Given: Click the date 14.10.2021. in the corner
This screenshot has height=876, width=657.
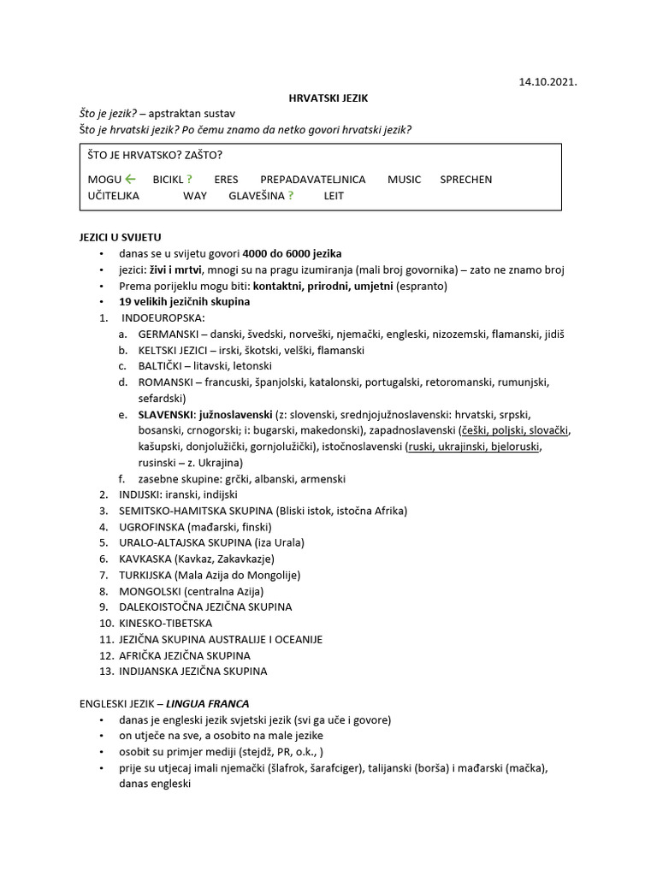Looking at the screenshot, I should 547,83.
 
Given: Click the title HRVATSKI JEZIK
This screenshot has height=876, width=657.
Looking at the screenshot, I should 328,98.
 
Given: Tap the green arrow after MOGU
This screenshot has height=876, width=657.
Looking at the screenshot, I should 130,179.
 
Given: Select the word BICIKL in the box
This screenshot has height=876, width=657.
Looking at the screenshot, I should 169,180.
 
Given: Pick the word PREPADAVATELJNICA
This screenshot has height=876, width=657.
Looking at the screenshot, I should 312,180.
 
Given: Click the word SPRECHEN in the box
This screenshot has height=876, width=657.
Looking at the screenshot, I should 465,180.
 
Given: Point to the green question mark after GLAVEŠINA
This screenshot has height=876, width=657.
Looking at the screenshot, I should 291,195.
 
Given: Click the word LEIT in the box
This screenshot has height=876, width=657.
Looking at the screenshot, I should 334,195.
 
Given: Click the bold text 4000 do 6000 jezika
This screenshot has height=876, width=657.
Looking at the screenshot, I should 292,253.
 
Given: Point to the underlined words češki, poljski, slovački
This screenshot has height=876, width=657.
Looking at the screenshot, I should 515,430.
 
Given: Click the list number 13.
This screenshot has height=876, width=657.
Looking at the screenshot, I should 106,672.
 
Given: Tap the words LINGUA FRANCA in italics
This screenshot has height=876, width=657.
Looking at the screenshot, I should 207,704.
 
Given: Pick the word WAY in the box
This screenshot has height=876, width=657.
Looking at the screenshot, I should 195,195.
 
